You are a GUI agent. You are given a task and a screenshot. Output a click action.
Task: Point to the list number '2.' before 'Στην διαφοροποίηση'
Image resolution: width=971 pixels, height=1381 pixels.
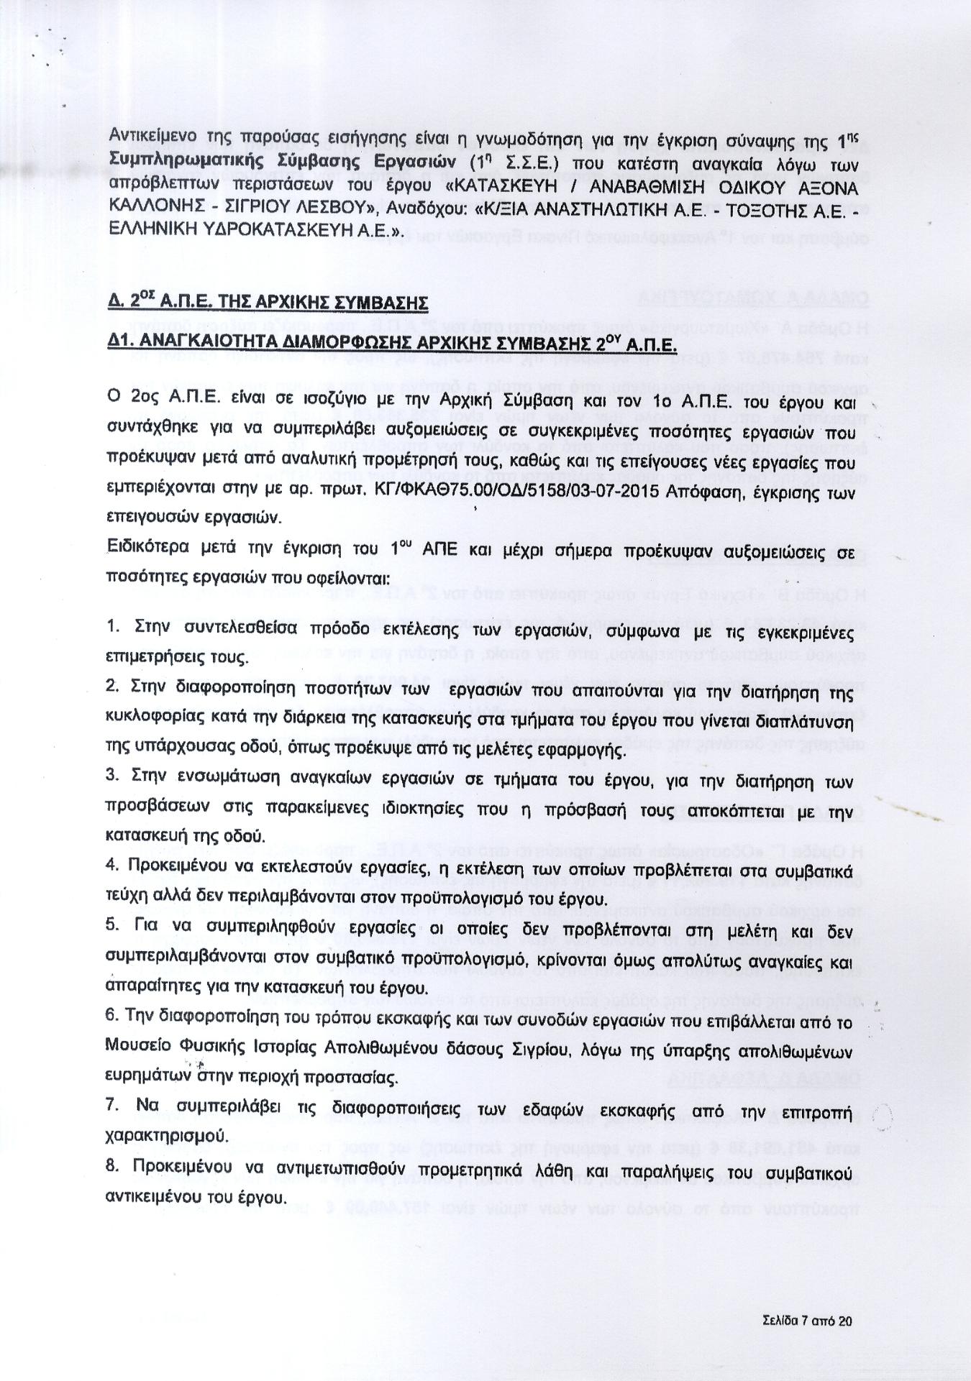111,687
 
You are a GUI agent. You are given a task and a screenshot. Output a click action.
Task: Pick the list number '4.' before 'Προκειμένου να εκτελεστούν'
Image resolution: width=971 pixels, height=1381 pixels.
111,865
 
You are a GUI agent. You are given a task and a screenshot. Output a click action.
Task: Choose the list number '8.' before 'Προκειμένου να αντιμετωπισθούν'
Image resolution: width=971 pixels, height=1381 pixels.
111,1165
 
